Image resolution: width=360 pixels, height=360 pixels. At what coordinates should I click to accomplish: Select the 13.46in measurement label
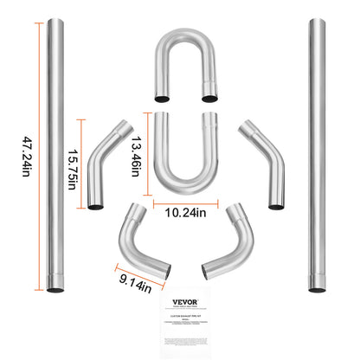click(x=137, y=155)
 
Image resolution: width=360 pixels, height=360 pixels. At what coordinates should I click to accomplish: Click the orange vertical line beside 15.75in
click(x=82, y=163)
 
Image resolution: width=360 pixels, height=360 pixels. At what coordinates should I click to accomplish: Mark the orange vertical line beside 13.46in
click(x=149, y=154)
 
